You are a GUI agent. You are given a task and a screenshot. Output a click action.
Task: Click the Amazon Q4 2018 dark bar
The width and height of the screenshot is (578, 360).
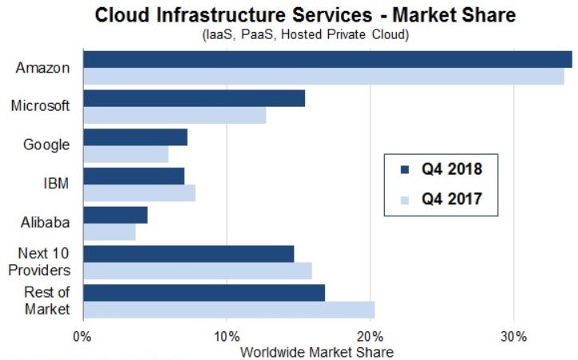pos(327,59)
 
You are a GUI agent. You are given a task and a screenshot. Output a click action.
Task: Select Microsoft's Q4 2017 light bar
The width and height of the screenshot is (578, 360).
pos(174,116)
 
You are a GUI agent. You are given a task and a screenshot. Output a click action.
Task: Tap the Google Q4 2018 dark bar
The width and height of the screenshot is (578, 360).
pos(135,136)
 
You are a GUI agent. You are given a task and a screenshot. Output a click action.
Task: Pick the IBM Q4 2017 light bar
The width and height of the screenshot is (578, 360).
pos(139,194)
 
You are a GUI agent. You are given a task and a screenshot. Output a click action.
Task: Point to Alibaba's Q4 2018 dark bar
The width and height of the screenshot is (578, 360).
pos(115,215)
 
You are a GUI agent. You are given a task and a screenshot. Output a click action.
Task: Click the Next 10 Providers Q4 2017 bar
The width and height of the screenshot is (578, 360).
pos(197,271)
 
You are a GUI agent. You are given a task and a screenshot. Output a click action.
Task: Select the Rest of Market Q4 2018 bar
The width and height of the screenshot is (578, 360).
pos(204,293)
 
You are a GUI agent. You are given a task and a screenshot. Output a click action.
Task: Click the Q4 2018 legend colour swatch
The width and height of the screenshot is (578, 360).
pos(403,169)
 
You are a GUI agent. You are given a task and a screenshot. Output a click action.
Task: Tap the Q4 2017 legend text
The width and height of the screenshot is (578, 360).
pos(452,199)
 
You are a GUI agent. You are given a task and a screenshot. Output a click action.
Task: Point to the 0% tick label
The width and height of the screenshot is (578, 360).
pos(83,336)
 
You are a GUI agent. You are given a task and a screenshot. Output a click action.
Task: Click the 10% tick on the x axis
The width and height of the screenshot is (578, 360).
pos(227,336)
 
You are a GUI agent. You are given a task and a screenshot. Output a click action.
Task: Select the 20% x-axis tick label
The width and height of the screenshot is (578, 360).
pos(370,336)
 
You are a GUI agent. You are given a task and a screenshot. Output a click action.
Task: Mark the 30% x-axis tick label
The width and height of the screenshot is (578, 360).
pos(514,336)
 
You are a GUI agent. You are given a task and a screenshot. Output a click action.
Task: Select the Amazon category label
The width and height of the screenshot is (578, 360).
pos(42,68)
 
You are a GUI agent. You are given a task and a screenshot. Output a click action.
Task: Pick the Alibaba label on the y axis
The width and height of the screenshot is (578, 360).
pos(45,223)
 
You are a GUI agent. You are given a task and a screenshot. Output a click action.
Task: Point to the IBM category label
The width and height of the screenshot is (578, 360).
pos(55,184)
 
